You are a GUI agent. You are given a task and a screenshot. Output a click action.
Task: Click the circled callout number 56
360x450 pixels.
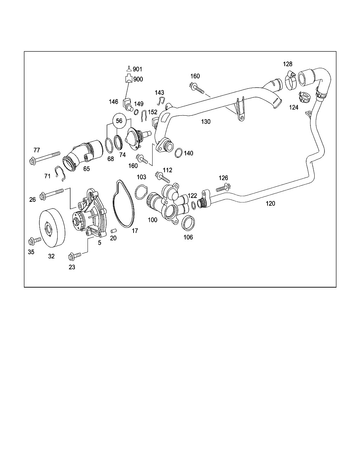coord(119,121)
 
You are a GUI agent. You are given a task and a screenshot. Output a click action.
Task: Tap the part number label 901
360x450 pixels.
coord(137,69)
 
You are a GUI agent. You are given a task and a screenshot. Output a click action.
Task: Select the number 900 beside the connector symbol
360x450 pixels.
coord(138,79)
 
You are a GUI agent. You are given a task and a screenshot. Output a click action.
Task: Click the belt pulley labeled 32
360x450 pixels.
coord(52,227)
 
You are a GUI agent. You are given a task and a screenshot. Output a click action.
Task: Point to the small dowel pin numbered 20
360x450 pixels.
coord(114,230)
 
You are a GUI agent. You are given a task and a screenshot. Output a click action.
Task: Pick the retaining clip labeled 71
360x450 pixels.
coord(60,173)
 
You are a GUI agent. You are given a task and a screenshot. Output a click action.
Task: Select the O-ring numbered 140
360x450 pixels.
coord(178,153)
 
